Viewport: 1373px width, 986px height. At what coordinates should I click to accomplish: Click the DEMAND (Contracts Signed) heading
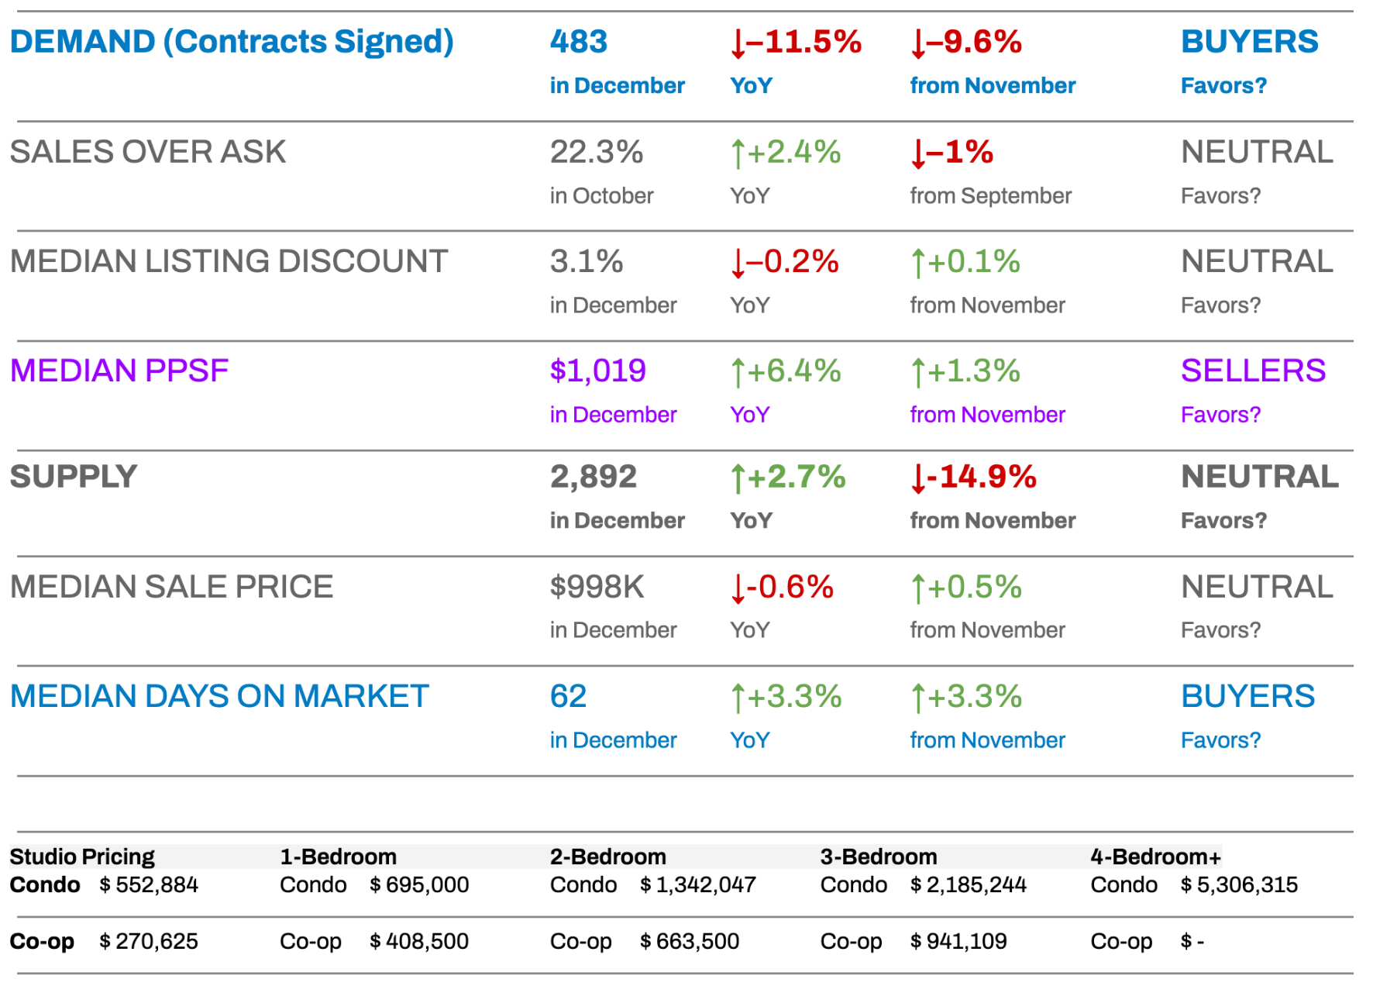(x=232, y=42)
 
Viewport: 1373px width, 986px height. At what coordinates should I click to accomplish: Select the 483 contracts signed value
(x=578, y=42)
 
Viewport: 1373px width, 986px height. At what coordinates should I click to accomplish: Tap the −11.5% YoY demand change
(x=796, y=42)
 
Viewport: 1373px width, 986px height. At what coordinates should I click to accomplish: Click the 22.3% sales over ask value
(x=596, y=152)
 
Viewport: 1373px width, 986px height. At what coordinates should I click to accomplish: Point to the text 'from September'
(x=990, y=196)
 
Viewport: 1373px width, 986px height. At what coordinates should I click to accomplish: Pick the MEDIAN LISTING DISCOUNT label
(x=229, y=262)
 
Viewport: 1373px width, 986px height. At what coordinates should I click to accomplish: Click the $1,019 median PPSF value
(x=597, y=371)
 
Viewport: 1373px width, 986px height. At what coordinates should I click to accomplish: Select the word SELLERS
(x=1253, y=371)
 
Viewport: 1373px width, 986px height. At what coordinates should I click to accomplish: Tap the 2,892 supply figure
(x=593, y=477)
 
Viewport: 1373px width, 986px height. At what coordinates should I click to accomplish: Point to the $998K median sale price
(x=597, y=587)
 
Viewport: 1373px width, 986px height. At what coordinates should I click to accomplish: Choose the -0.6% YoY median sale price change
(x=782, y=588)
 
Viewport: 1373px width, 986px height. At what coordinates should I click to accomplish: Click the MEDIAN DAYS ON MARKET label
(x=219, y=697)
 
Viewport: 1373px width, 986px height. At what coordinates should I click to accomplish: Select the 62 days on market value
(x=568, y=697)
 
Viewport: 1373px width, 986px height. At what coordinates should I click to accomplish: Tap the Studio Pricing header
(x=82, y=857)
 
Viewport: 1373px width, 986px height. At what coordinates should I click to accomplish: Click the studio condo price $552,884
(x=149, y=885)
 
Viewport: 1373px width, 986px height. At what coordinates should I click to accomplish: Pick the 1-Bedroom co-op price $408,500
(x=419, y=942)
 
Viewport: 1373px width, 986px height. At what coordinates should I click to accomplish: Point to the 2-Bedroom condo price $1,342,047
(x=697, y=885)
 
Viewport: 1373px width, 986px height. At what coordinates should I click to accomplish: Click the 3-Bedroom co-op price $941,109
(x=958, y=942)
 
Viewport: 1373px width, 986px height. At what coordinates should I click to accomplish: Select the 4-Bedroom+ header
(x=1155, y=857)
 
